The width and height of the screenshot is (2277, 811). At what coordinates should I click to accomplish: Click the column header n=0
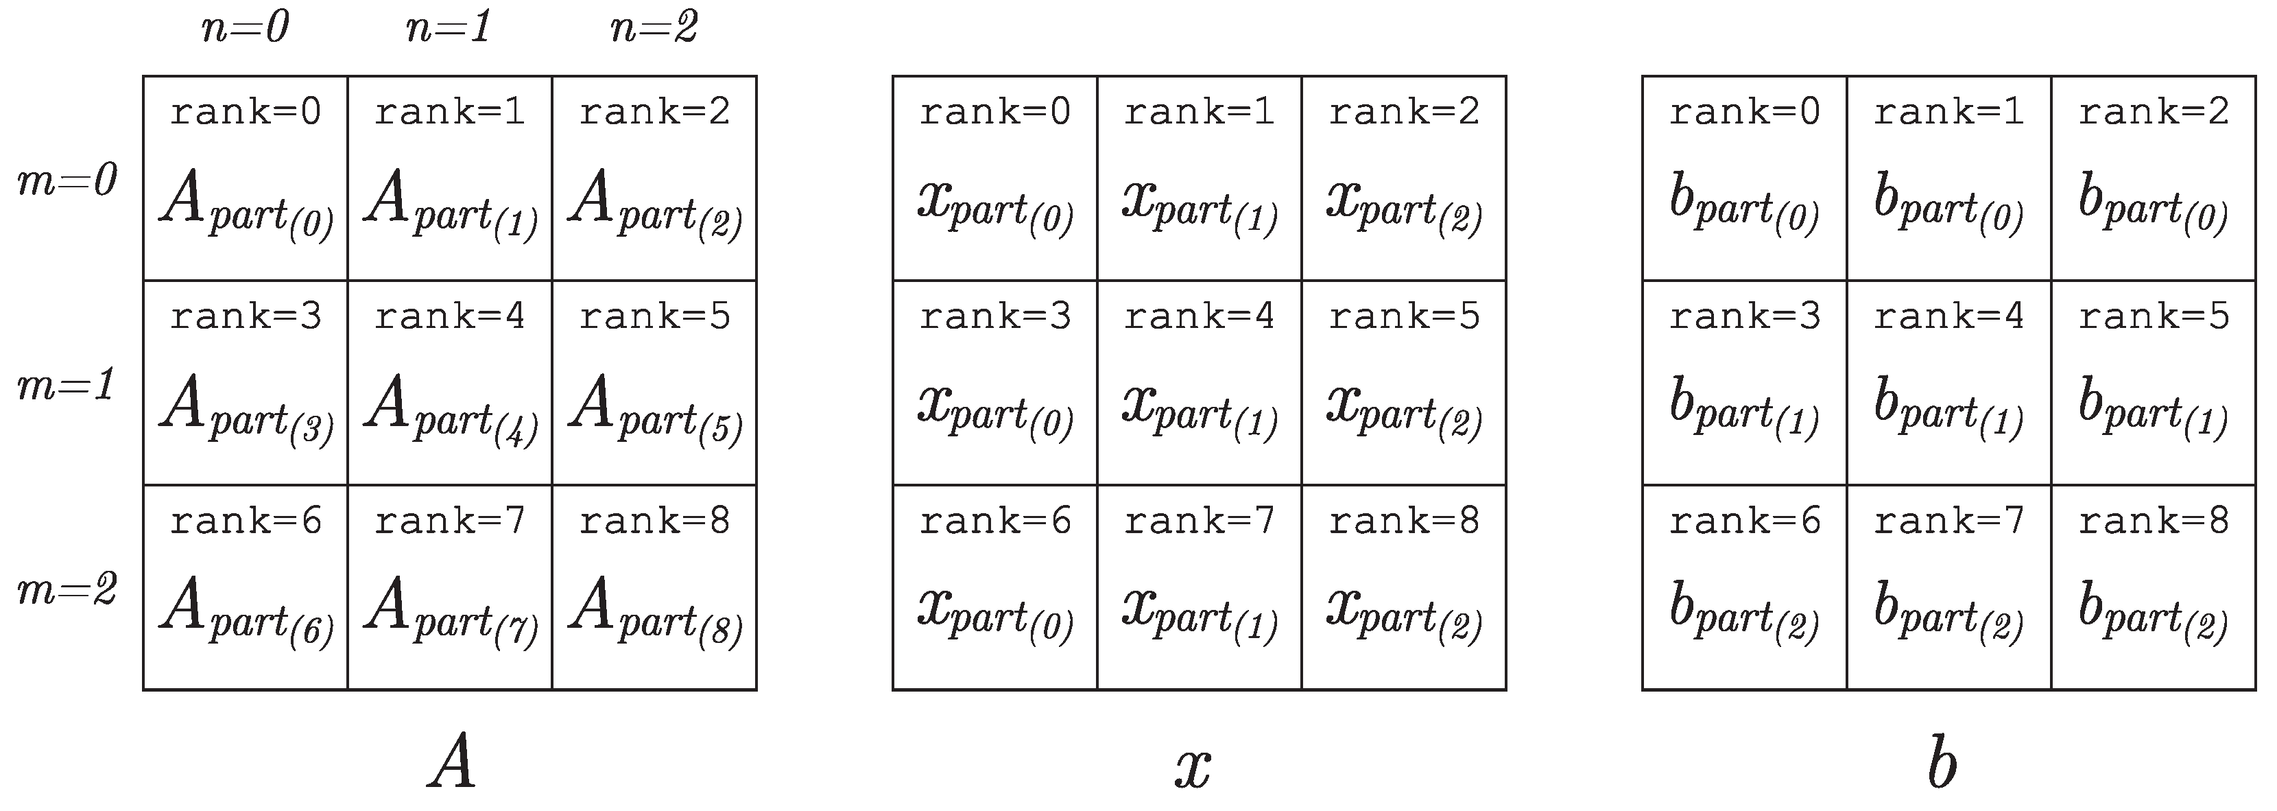point(245,28)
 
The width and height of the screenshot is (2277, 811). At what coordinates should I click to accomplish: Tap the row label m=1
point(67,386)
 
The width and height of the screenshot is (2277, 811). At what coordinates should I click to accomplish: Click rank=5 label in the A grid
point(654,316)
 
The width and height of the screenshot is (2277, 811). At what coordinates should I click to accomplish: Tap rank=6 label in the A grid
point(246,521)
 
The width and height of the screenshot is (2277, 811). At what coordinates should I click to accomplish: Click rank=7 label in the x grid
point(1200,521)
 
